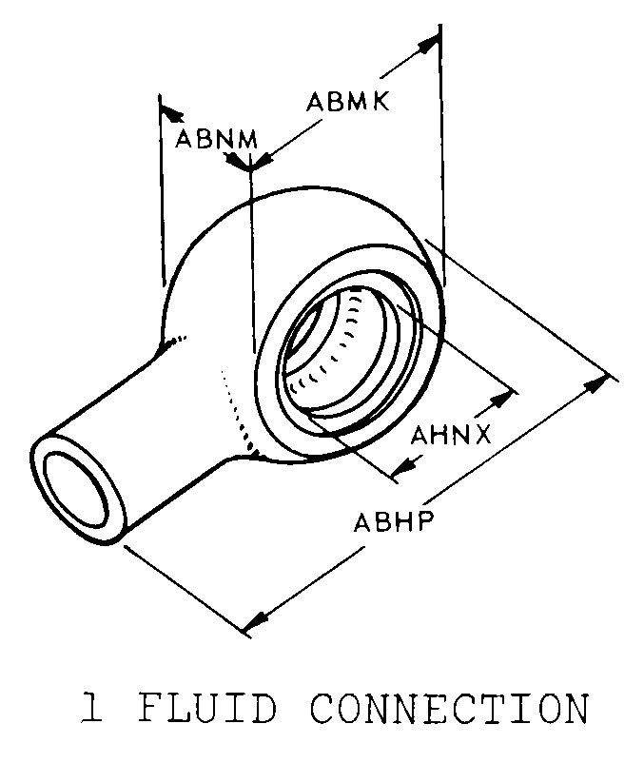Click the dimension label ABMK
pos(348,102)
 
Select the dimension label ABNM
pos(217,140)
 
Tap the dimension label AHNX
pos(451,435)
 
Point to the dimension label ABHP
pos(393,522)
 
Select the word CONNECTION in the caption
pos(450,708)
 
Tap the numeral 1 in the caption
pos(92,708)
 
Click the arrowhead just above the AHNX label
pos(502,400)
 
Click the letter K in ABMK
pos(381,102)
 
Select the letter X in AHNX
pos(481,435)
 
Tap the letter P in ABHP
pos(424,522)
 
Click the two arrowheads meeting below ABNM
pos(249,162)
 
